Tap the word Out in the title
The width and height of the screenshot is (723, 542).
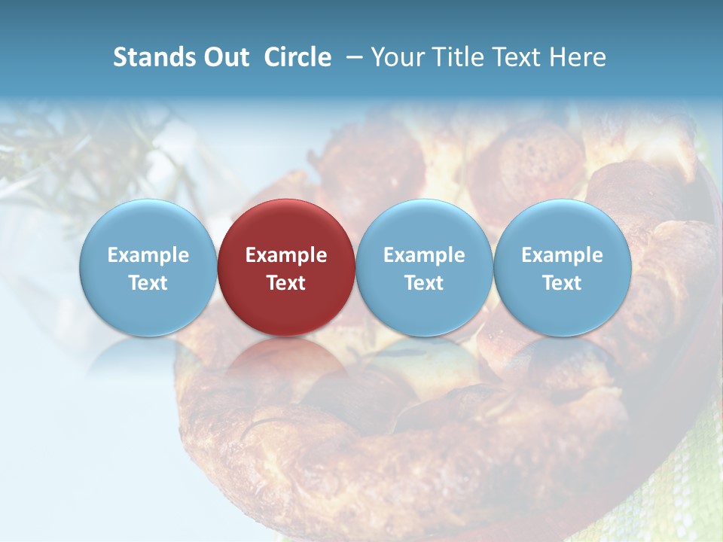pyautogui.click(x=224, y=57)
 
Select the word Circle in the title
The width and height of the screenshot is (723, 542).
pyautogui.click(x=297, y=57)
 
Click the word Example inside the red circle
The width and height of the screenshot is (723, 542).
pyautogui.click(x=286, y=255)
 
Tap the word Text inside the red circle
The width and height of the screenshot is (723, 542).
pyautogui.click(x=286, y=283)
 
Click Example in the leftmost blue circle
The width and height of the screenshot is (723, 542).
pyautogui.click(x=148, y=255)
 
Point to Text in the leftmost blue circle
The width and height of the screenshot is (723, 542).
pyautogui.click(x=148, y=283)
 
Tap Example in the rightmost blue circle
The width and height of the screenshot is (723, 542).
pyautogui.click(x=563, y=255)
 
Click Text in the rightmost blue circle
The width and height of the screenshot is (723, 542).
pyautogui.click(x=563, y=283)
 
